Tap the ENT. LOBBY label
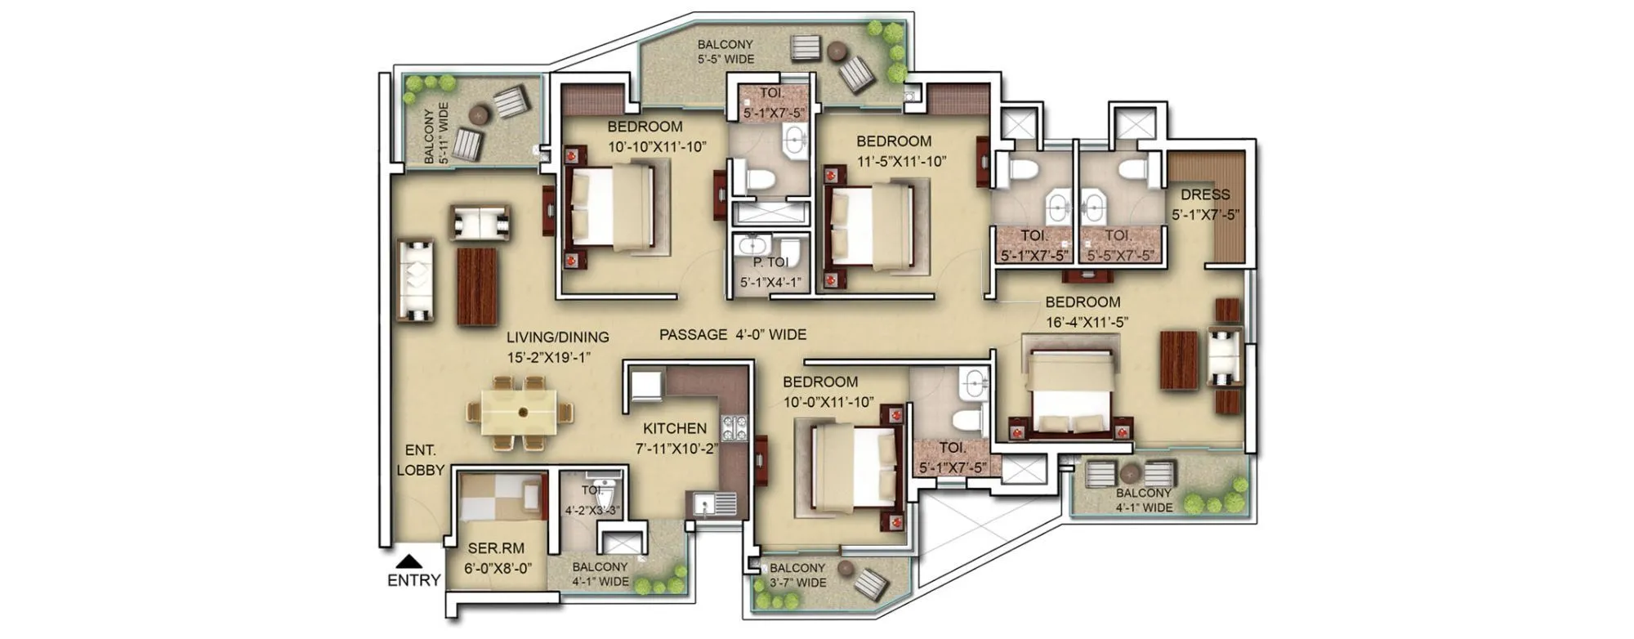click(421, 460)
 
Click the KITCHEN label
click(674, 428)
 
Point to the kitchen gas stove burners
click(734, 426)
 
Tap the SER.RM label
click(496, 549)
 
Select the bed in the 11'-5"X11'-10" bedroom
click(871, 226)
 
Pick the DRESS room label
click(1205, 194)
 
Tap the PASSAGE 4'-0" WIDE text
click(733, 334)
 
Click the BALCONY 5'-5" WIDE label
click(725, 51)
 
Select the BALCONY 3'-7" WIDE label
click(797, 575)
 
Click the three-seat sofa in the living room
click(416, 280)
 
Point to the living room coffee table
click(477, 286)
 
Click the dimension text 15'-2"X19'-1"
click(549, 357)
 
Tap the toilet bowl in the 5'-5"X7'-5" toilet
click(1133, 171)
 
